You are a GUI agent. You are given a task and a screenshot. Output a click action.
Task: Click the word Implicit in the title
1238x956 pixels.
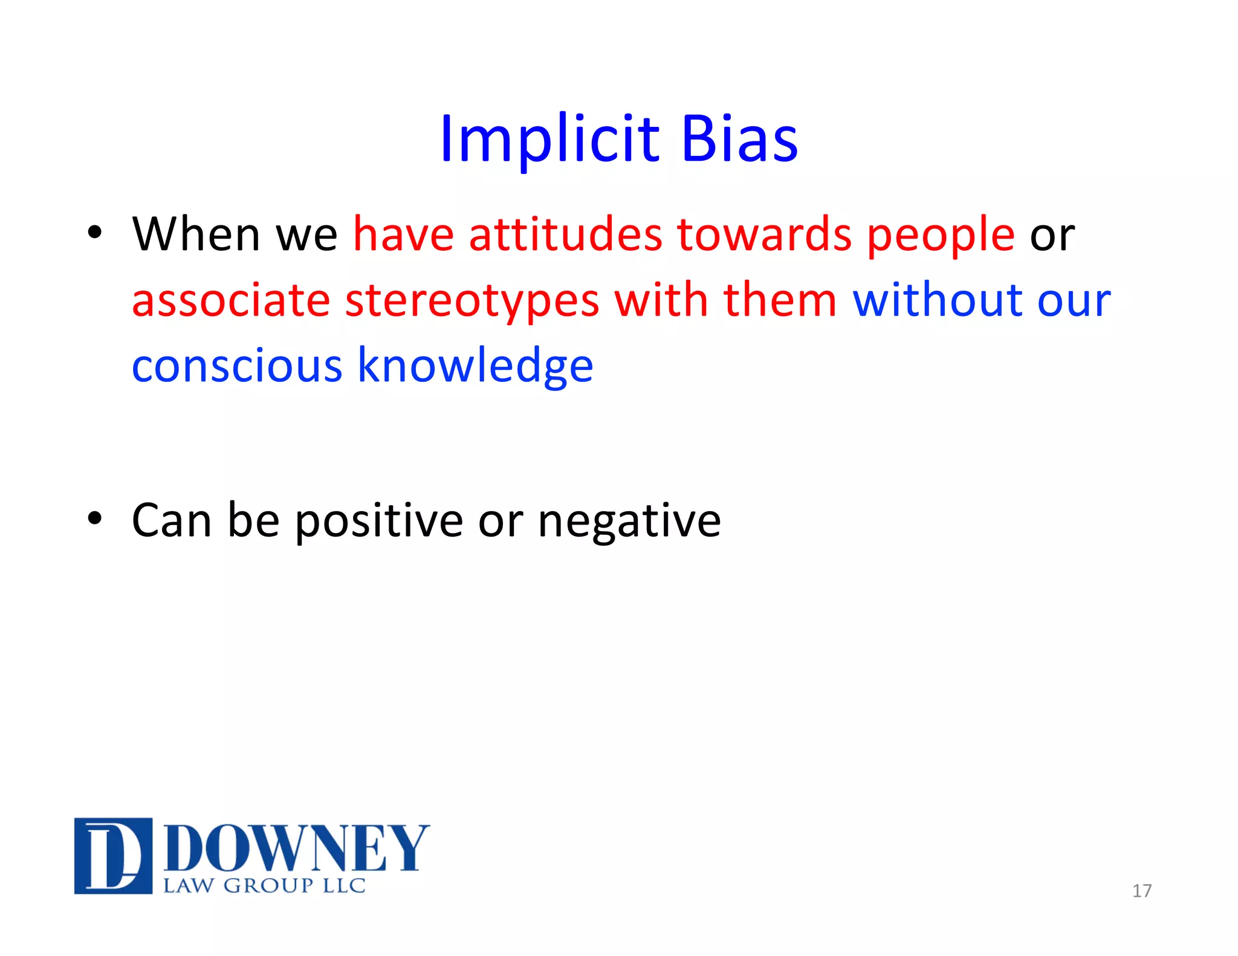click(x=549, y=140)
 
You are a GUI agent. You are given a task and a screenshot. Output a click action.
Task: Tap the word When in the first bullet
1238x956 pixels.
click(x=196, y=234)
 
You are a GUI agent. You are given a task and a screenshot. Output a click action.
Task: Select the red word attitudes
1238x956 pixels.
click(x=565, y=234)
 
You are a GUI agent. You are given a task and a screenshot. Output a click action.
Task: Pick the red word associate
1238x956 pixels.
click(x=230, y=300)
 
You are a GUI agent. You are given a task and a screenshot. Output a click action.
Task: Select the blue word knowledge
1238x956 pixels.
click(x=475, y=366)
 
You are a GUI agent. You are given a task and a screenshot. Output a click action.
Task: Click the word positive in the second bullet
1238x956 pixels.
click(x=378, y=521)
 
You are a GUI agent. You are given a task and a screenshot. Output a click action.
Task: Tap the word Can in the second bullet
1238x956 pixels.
click(x=171, y=521)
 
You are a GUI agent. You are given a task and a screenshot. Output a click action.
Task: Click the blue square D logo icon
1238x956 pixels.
click(x=113, y=855)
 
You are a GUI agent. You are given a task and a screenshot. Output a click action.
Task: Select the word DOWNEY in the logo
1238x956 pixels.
click(x=296, y=848)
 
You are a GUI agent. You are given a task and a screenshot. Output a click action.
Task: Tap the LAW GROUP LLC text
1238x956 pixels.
click(x=264, y=886)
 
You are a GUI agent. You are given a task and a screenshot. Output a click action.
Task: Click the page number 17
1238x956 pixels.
click(x=1141, y=891)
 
